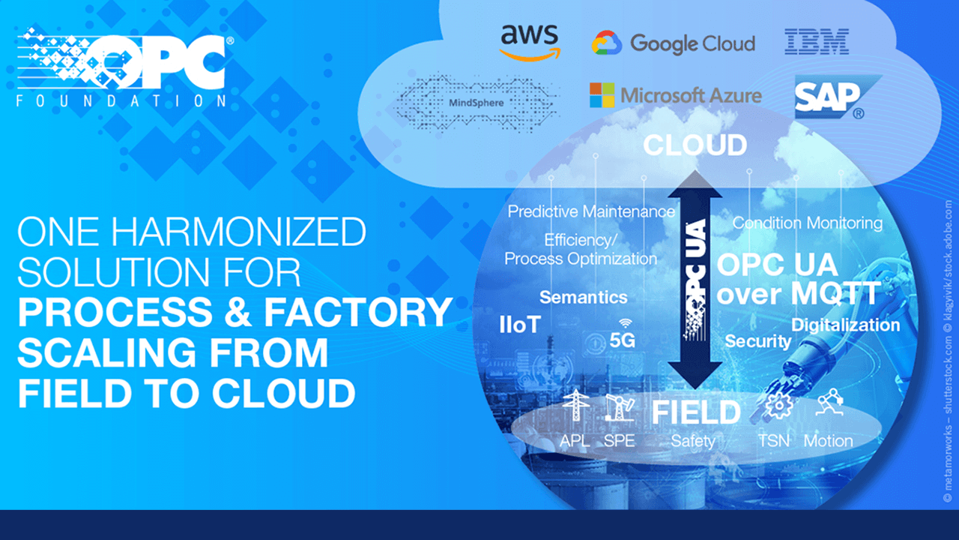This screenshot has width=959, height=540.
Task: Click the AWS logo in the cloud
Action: click(x=530, y=42)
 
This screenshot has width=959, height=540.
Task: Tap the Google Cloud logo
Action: click(x=673, y=43)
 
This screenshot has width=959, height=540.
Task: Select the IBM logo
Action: click(x=817, y=42)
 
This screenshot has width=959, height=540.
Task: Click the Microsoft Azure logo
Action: click(x=675, y=95)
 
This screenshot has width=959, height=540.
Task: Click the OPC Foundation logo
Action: click(x=124, y=68)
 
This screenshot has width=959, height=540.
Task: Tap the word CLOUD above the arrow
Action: click(x=695, y=145)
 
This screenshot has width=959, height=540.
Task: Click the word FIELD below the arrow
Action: click(x=696, y=412)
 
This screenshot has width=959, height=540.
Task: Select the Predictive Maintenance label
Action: click(x=591, y=211)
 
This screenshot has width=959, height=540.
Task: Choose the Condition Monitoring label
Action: click(x=807, y=223)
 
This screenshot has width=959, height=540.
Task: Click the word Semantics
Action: click(x=583, y=297)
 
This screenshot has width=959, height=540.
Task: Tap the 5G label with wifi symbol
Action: click(x=622, y=336)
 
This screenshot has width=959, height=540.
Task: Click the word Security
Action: click(x=757, y=341)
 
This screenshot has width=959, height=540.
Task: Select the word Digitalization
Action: click(x=845, y=325)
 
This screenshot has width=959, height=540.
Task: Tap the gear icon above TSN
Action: click(x=776, y=406)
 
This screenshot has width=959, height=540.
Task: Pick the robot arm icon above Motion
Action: click(x=828, y=403)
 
